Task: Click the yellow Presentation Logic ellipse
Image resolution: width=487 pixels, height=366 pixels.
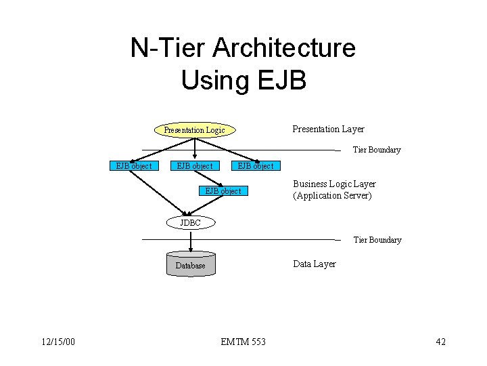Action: click(194, 129)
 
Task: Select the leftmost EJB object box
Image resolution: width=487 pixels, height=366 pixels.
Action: click(133, 166)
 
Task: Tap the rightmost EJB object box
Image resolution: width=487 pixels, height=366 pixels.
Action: click(255, 166)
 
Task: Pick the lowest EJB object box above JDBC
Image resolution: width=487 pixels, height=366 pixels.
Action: click(223, 191)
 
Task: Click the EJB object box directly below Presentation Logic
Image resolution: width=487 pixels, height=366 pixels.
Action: click(194, 166)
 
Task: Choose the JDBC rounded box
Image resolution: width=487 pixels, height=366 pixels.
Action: click(190, 223)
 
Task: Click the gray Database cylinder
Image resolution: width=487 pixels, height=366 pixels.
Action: click(191, 265)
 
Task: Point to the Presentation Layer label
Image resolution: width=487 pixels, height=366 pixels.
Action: click(328, 129)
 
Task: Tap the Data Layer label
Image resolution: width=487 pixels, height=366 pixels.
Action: click(314, 264)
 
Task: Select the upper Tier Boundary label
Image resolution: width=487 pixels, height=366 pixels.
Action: click(377, 150)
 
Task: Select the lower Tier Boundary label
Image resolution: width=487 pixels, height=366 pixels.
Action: click(377, 240)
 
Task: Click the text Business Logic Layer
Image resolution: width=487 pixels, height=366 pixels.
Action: click(334, 184)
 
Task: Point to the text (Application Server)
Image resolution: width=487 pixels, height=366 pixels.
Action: click(332, 196)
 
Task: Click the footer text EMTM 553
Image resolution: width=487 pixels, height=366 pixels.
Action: click(243, 342)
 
